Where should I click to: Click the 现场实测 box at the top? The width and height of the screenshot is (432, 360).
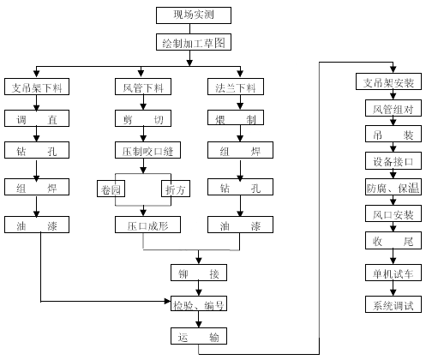click(194, 15)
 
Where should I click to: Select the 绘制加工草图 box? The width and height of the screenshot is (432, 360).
click(194, 42)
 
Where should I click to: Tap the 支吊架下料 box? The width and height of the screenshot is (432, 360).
click(37, 87)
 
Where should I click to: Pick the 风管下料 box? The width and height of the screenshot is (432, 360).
click(143, 87)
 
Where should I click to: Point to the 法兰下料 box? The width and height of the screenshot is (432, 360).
click(236, 87)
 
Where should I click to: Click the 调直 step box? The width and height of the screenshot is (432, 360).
click(37, 118)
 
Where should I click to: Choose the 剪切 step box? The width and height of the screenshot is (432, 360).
click(143, 118)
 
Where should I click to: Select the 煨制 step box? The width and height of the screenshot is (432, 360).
click(236, 117)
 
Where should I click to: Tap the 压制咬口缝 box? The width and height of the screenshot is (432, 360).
click(147, 150)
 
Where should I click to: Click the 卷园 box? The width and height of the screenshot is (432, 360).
click(111, 189)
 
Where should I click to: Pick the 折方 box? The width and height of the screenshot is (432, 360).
click(176, 189)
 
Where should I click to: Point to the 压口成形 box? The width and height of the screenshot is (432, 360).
click(147, 225)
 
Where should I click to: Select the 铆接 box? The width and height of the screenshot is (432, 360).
click(199, 273)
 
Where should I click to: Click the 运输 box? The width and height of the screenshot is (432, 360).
click(199, 336)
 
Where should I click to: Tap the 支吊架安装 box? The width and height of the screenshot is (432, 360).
click(388, 81)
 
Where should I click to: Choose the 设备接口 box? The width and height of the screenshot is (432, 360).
click(393, 161)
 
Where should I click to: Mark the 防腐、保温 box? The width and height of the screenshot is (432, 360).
click(393, 187)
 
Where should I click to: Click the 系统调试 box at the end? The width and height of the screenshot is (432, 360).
click(393, 304)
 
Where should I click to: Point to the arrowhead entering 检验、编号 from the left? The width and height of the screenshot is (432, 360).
click(168, 301)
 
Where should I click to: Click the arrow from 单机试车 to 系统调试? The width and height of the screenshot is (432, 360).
click(393, 288)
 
